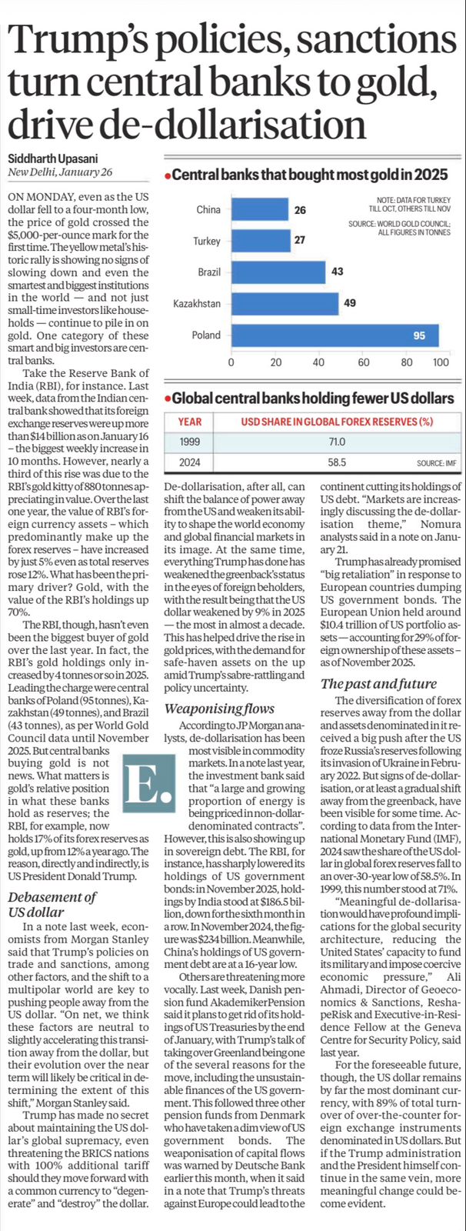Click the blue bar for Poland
click(x=335, y=335)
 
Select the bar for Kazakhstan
click(x=285, y=304)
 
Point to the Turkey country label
click(x=206, y=242)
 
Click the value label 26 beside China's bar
click(x=300, y=210)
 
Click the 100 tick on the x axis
click(x=441, y=362)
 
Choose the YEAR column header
click(x=189, y=422)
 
